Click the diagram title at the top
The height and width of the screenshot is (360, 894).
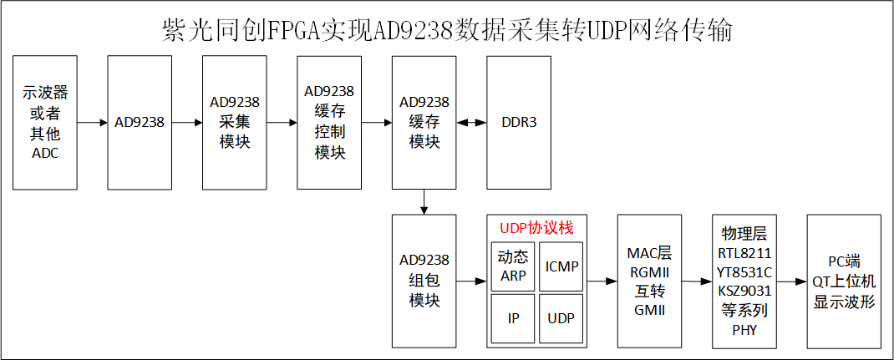[447, 30]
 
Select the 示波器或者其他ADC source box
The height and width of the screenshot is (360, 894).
[45, 122]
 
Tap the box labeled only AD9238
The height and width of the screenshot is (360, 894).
[140, 122]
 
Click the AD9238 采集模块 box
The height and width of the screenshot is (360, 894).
[235, 122]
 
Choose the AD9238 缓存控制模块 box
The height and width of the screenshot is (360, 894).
[329, 122]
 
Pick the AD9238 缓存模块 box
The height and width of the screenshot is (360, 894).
[424, 122]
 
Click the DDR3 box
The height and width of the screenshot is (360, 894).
[519, 122]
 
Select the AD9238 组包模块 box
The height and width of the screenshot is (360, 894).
[424, 281]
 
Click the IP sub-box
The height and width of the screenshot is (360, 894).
[513, 318]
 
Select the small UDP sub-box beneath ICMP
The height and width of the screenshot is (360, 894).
[561, 318]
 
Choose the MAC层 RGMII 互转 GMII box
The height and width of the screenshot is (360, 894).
[649, 281]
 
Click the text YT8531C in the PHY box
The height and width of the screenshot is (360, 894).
[744, 271]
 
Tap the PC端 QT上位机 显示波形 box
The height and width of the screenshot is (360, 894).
[844, 281]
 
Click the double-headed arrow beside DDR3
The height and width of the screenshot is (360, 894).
[471, 122]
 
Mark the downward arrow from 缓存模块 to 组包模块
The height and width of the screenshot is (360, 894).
[424, 200]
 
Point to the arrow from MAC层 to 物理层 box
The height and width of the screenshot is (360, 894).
[697, 281]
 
